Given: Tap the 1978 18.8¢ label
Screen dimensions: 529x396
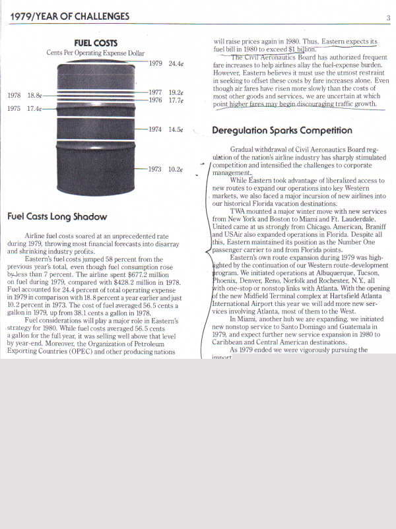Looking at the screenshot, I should click(24, 95).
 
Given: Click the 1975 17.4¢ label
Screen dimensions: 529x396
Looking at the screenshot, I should click(24, 109).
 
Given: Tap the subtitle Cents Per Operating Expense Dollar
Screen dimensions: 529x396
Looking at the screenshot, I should click(96, 53).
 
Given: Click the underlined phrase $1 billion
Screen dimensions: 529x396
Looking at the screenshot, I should click(300, 48).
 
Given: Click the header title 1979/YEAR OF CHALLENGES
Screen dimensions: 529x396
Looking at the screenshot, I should click(69, 16).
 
